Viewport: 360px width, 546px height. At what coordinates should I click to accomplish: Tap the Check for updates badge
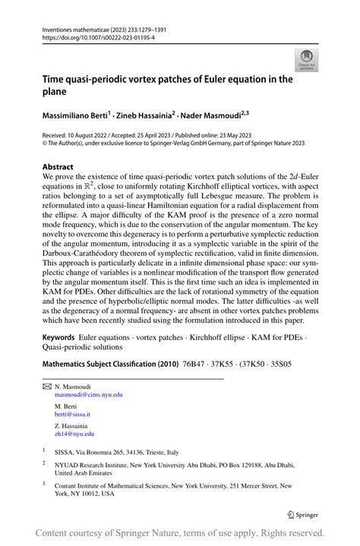(x=307, y=60)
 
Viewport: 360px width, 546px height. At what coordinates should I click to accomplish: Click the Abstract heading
(x=58, y=166)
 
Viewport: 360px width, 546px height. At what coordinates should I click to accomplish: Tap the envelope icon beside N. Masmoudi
(x=46, y=386)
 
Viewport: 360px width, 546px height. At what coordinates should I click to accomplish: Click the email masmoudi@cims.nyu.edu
(x=88, y=395)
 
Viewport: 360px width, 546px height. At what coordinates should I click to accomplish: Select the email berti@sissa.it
(x=72, y=415)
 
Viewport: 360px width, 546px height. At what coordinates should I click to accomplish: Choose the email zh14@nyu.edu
(x=74, y=434)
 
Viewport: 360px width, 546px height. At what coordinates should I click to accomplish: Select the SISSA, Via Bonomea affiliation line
(x=112, y=451)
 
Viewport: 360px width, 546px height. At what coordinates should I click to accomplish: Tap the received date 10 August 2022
(x=98, y=134)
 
